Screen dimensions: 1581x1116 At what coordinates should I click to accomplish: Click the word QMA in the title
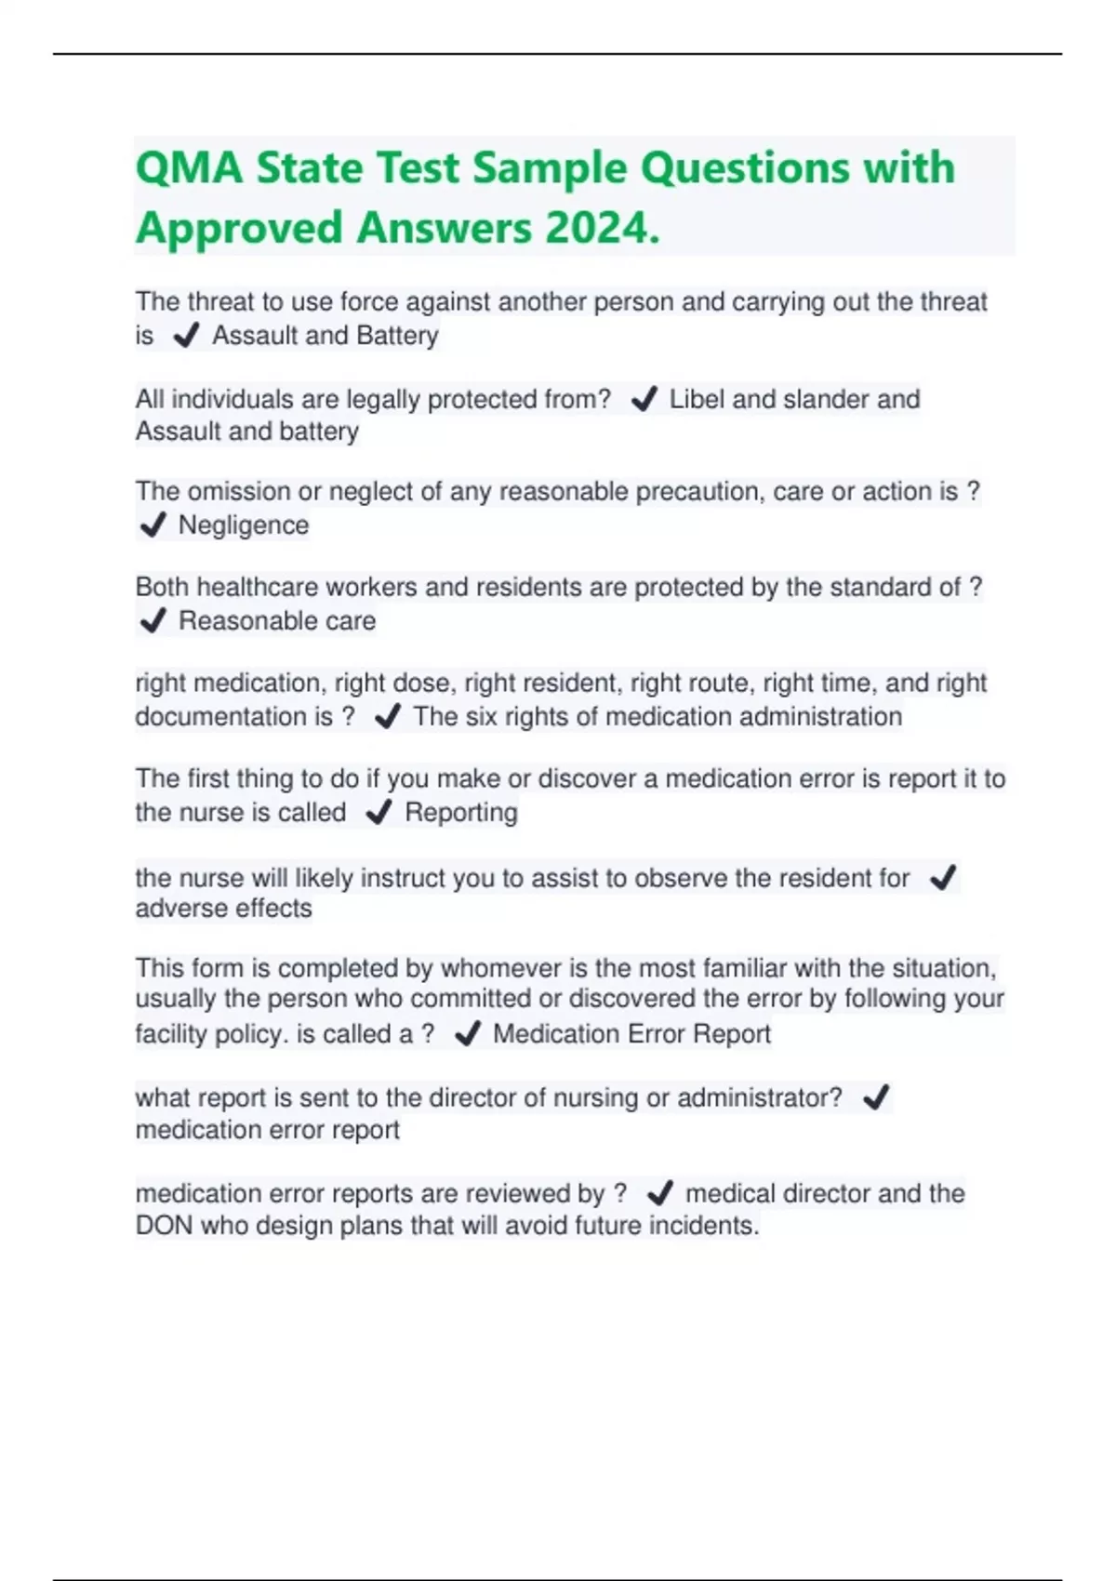(x=190, y=168)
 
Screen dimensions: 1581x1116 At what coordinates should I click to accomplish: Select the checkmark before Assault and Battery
(x=186, y=336)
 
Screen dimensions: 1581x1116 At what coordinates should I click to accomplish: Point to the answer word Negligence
(x=243, y=525)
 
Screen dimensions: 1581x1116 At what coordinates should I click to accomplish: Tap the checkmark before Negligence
(x=153, y=525)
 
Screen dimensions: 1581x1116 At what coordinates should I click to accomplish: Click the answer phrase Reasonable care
(x=277, y=620)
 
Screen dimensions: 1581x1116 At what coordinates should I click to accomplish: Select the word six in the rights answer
(x=482, y=716)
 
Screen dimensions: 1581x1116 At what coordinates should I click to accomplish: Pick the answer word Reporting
(x=461, y=812)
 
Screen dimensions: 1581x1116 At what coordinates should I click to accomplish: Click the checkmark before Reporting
(x=379, y=813)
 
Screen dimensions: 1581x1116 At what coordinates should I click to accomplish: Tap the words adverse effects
(x=223, y=908)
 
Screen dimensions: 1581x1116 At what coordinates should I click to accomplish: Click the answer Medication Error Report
(x=631, y=1033)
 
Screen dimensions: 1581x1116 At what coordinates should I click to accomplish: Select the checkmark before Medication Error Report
(x=467, y=1034)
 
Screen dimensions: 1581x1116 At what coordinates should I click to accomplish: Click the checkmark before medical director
(x=659, y=1193)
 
